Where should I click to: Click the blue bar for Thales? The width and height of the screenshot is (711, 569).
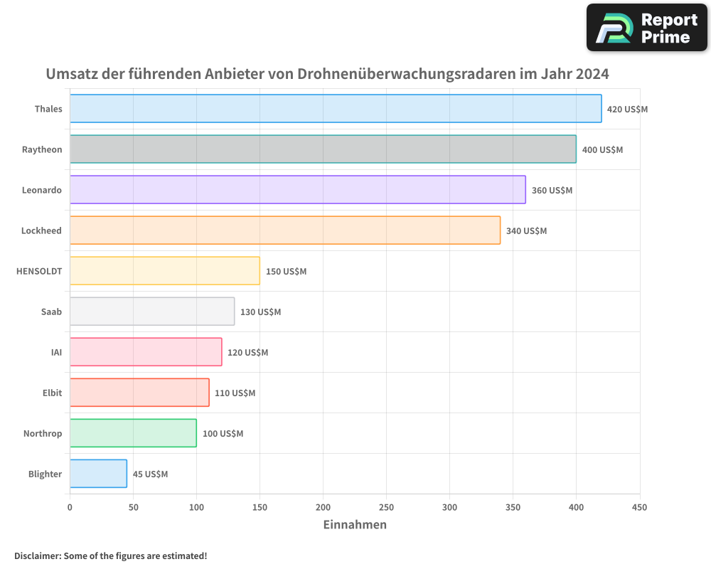(x=336, y=109)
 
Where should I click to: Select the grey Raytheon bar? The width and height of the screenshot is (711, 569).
(x=323, y=149)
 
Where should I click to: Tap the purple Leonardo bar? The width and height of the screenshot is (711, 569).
(x=297, y=190)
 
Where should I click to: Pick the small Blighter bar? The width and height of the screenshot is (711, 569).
(x=98, y=474)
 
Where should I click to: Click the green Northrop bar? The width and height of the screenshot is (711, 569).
(x=133, y=433)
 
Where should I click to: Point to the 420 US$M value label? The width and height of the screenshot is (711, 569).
(x=627, y=110)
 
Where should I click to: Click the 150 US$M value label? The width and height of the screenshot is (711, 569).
(x=286, y=272)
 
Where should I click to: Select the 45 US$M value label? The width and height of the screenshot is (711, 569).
(x=150, y=474)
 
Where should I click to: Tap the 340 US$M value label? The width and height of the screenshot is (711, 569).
(x=526, y=231)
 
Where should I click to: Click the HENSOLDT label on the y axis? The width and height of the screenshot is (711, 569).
(x=39, y=271)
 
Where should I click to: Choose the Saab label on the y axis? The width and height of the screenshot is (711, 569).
(x=51, y=312)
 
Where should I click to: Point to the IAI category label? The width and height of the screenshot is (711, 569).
(x=56, y=352)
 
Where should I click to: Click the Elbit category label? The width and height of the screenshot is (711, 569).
(x=52, y=393)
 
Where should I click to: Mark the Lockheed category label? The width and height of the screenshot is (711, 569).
(x=41, y=230)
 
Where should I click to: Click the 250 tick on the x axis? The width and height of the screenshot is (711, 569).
(x=386, y=507)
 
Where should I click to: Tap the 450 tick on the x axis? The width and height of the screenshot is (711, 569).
(x=639, y=507)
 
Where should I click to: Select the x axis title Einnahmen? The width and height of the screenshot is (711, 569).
(x=355, y=525)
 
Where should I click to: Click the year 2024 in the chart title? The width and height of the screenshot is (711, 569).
(x=592, y=74)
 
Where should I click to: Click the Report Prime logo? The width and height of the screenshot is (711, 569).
(x=646, y=28)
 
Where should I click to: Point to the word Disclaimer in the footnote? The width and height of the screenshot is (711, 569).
(x=36, y=555)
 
